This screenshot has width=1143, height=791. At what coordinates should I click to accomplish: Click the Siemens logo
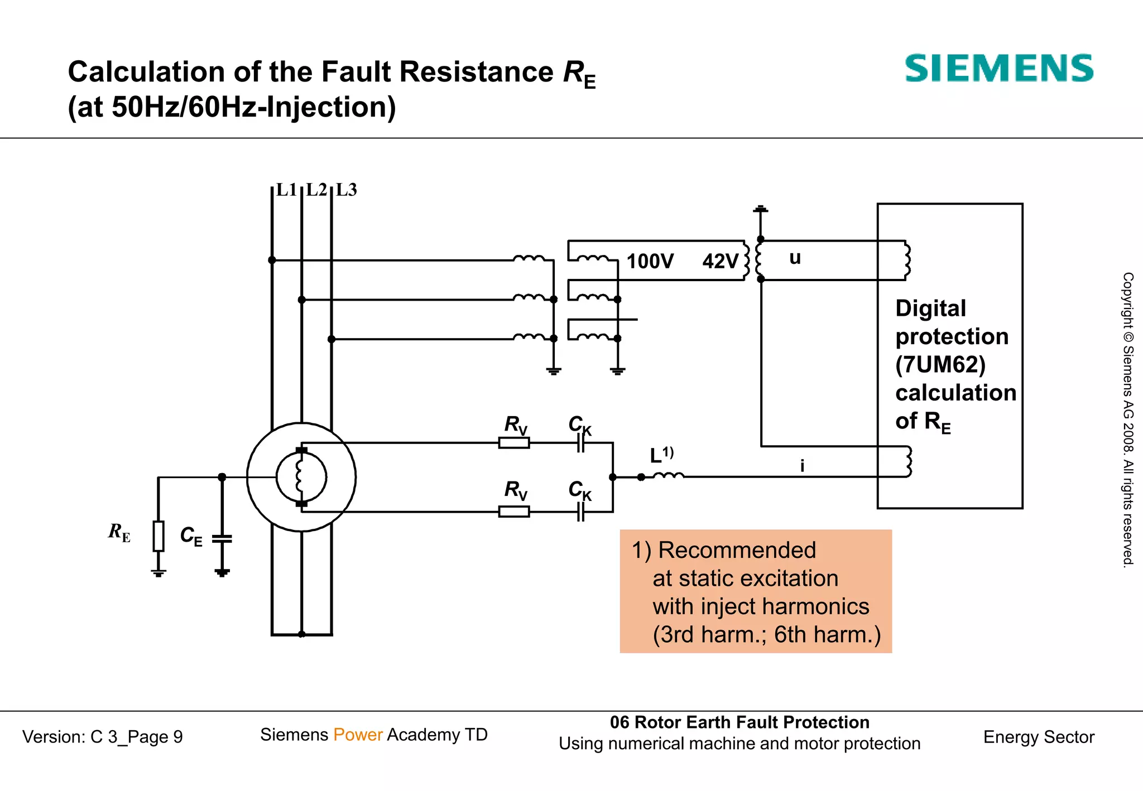click(x=998, y=69)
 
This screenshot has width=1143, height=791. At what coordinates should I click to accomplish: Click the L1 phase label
click(x=286, y=190)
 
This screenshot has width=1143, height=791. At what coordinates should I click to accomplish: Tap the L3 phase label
click(x=346, y=190)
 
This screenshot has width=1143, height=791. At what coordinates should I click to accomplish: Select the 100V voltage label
click(x=650, y=261)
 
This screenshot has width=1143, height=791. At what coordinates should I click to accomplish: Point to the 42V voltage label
click(x=720, y=261)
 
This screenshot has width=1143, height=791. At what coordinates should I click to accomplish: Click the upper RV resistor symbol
click(x=513, y=443)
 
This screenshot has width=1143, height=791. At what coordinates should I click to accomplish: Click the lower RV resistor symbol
click(x=513, y=512)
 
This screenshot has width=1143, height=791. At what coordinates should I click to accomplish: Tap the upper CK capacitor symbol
click(x=580, y=443)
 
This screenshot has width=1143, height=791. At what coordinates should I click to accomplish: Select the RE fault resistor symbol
click(x=159, y=536)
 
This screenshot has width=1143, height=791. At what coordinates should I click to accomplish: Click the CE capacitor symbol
click(x=222, y=539)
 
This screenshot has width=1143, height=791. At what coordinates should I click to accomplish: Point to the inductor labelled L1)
click(x=668, y=476)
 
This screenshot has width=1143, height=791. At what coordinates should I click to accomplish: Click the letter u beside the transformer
click(x=795, y=258)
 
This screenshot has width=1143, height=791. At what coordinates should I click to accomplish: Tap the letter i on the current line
click(x=802, y=465)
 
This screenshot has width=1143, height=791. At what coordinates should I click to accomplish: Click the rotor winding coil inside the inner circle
click(x=300, y=477)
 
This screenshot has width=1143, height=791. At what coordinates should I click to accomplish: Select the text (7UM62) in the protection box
click(x=940, y=365)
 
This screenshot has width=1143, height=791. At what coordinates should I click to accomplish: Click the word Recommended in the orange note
click(x=737, y=551)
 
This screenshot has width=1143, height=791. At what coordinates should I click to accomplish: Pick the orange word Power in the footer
click(x=358, y=735)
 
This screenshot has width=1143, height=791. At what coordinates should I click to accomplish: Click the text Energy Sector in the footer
click(x=1038, y=737)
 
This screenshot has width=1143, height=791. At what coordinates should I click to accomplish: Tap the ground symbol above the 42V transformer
click(x=760, y=210)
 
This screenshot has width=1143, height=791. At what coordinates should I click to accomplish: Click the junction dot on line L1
click(x=272, y=260)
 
